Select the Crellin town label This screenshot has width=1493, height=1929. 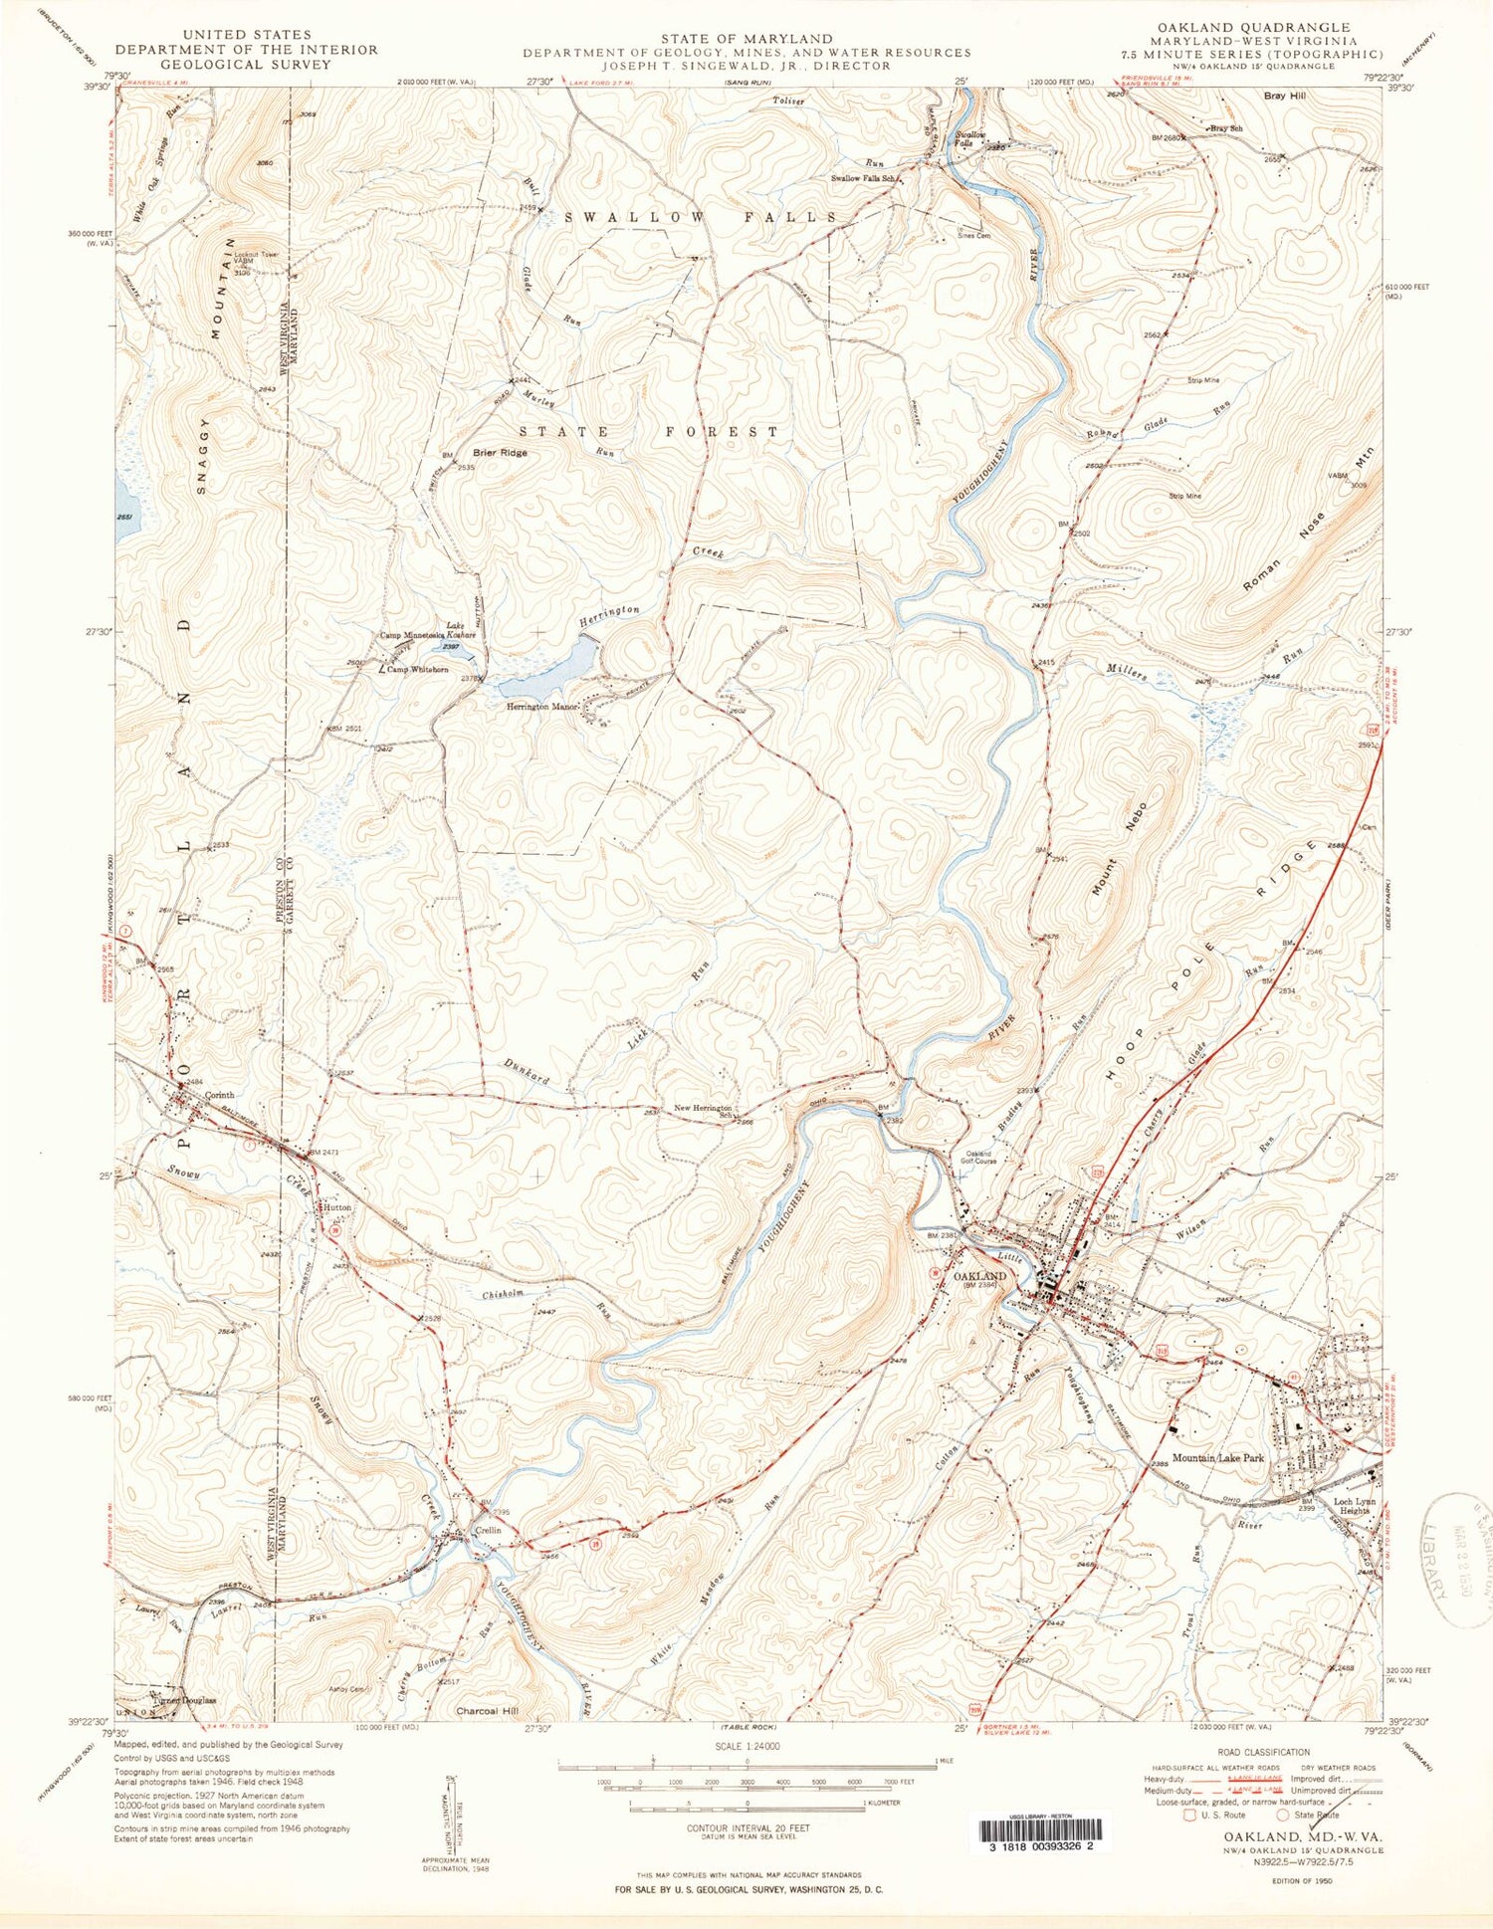point(488,1530)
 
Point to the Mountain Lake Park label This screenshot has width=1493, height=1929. point(1217,1458)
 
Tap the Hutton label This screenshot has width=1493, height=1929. point(336,1206)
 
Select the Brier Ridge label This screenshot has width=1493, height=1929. point(500,453)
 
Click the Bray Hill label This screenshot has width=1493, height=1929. point(1284,96)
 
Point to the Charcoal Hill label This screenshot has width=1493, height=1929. point(487,1712)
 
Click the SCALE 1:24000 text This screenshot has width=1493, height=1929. point(747,1746)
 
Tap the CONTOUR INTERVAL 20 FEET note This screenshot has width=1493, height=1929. point(747,1827)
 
